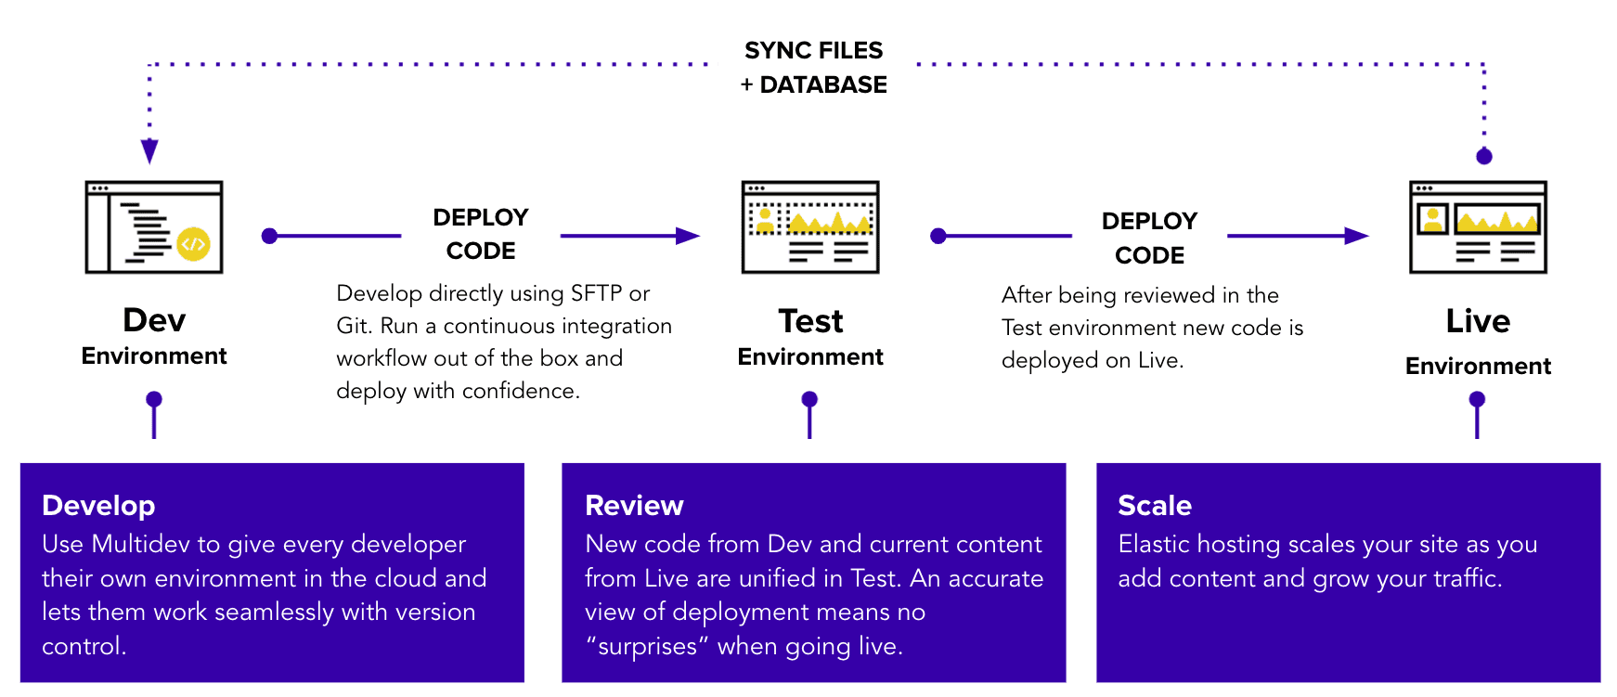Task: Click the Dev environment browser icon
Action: (x=154, y=227)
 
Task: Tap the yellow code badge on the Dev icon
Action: (x=193, y=244)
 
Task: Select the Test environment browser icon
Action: (x=810, y=227)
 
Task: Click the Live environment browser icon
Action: (x=1478, y=227)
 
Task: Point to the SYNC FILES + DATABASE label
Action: (x=813, y=67)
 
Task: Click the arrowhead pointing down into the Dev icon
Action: (x=149, y=151)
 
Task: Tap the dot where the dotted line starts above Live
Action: (x=1484, y=156)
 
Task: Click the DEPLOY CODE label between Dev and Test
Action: (x=481, y=234)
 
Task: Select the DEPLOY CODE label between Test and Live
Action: (x=1149, y=238)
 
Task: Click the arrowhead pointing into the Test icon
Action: (x=688, y=236)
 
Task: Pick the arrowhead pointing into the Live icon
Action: (x=1356, y=236)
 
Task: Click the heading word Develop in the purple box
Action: (x=98, y=506)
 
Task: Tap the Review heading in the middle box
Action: (x=634, y=506)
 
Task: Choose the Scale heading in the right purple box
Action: (x=1155, y=506)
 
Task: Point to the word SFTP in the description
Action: (x=596, y=293)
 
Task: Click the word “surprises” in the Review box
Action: (x=647, y=646)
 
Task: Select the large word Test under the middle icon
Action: (x=810, y=321)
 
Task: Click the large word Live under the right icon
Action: (x=1478, y=321)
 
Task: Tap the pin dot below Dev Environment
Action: (x=154, y=399)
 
